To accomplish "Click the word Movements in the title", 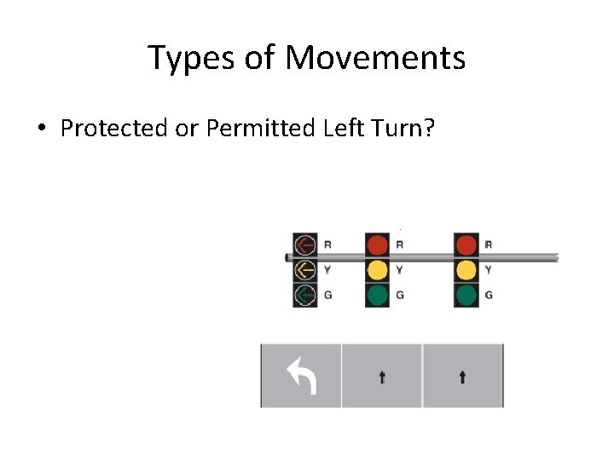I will tap(375, 58).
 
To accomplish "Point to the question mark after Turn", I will tap(429, 128).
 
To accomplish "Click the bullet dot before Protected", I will tap(41, 129).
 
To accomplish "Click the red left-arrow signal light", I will tap(304, 245).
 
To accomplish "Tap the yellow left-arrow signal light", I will tap(304, 270).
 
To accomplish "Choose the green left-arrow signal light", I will tap(304, 295).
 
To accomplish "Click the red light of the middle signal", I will tap(377, 245).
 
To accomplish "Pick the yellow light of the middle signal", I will tap(377, 270).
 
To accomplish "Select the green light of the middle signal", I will tap(377, 295).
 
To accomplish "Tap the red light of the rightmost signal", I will tap(466, 245).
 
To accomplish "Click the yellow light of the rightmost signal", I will tap(466, 270).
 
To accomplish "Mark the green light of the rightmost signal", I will tap(466, 295).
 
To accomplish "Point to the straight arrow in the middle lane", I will tap(381, 376).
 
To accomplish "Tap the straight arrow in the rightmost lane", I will tap(462, 376).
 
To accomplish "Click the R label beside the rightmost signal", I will tap(488, 245).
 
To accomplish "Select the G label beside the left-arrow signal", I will tap(328, 295).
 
